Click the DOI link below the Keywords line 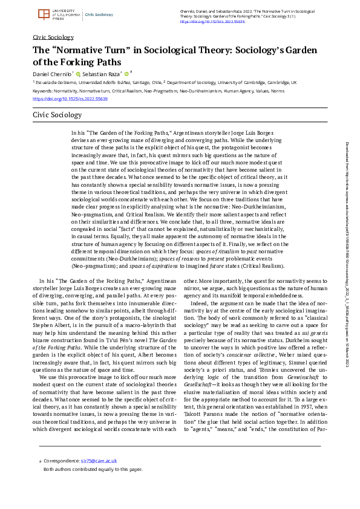click(61, 99)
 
